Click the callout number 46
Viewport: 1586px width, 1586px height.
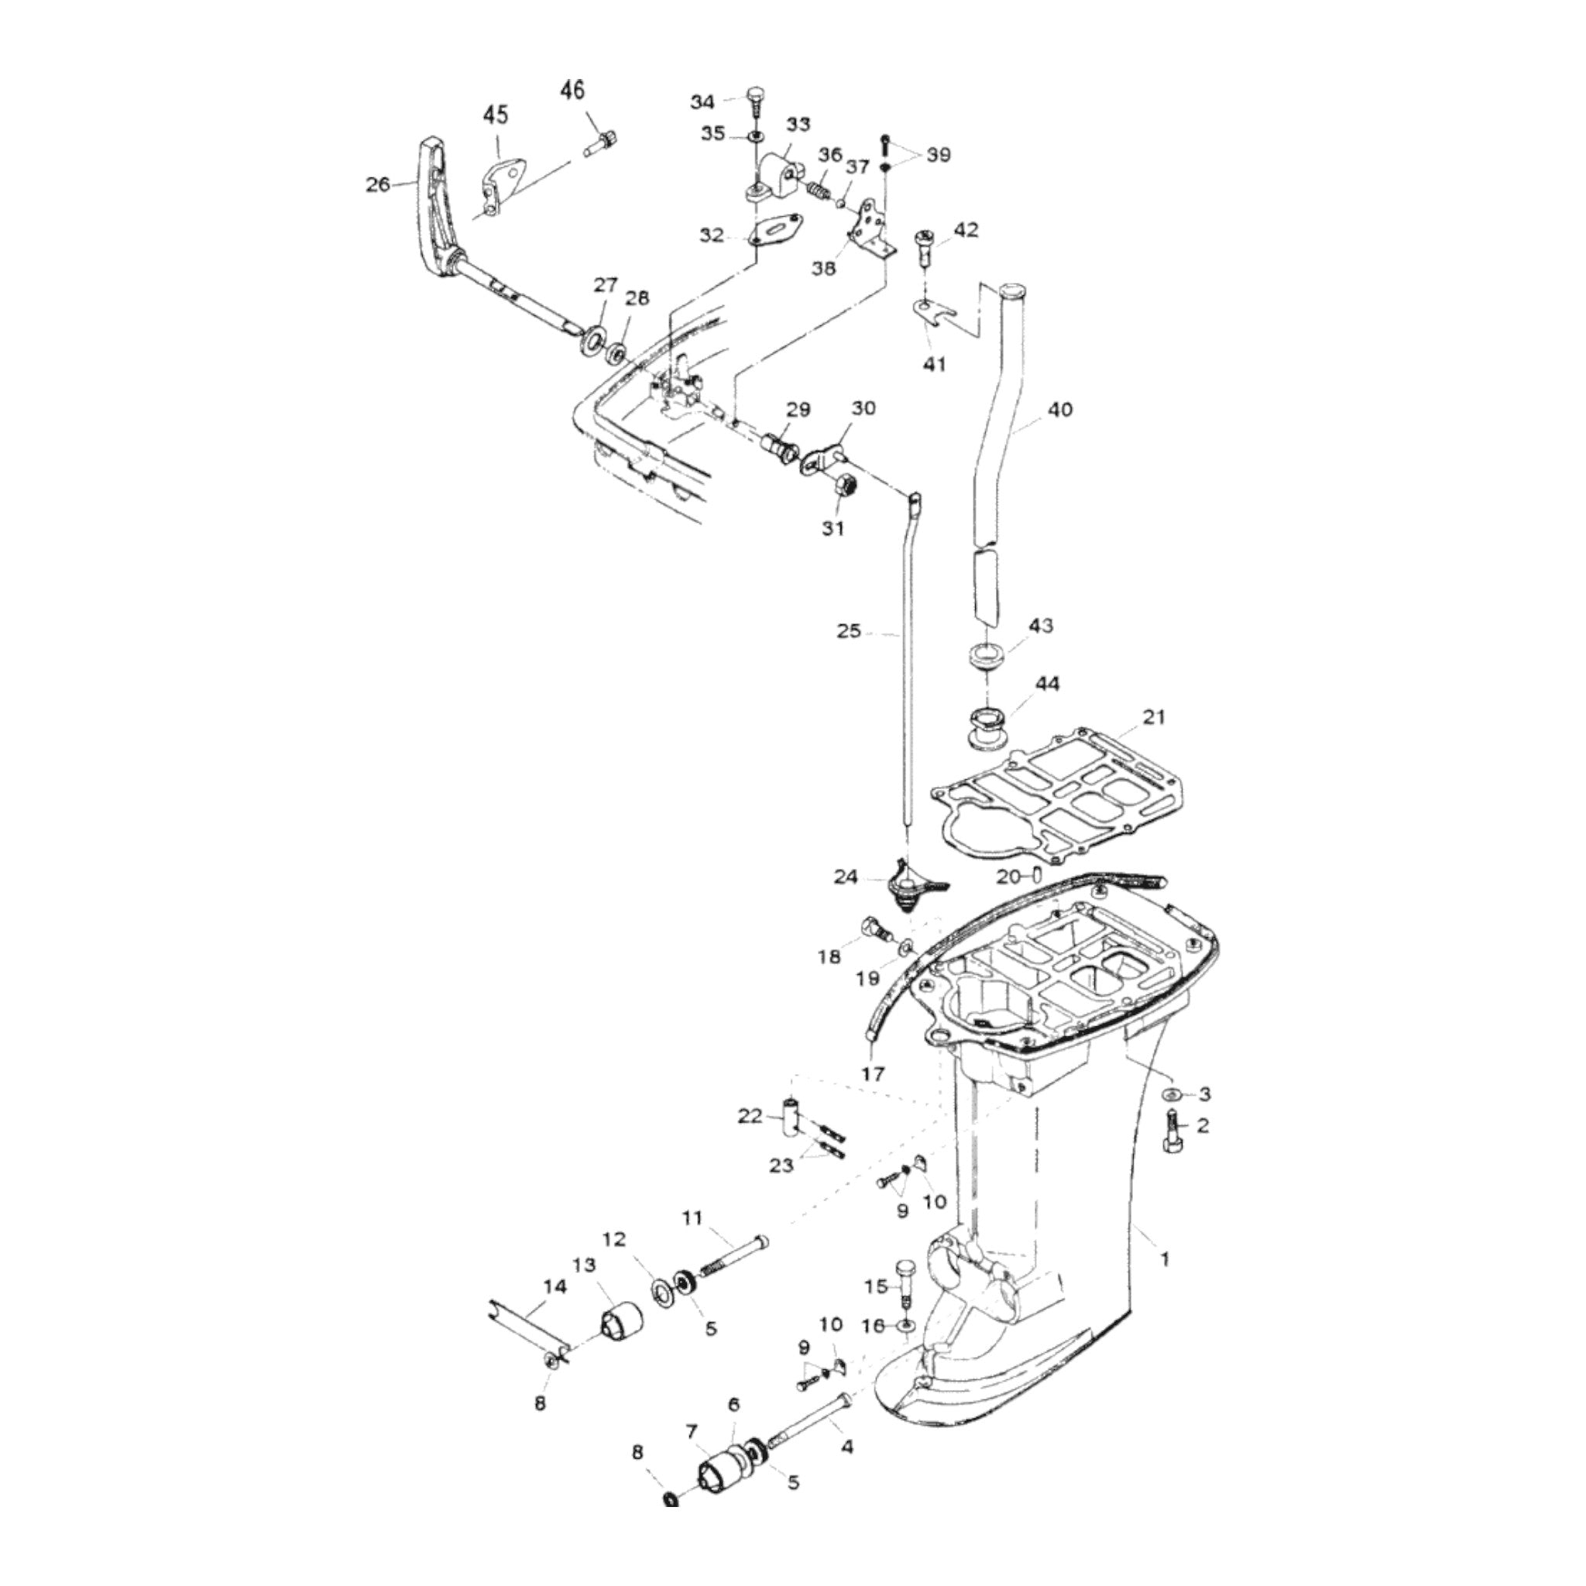(x=573, y=90)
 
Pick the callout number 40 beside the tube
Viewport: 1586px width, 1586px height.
(x=1060, y=409)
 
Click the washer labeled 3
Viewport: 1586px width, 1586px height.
(x=1172, y=1094)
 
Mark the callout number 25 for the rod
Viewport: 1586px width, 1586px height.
(x=849, y=631)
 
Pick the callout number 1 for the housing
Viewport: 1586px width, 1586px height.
(x=1163, y=1281)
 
